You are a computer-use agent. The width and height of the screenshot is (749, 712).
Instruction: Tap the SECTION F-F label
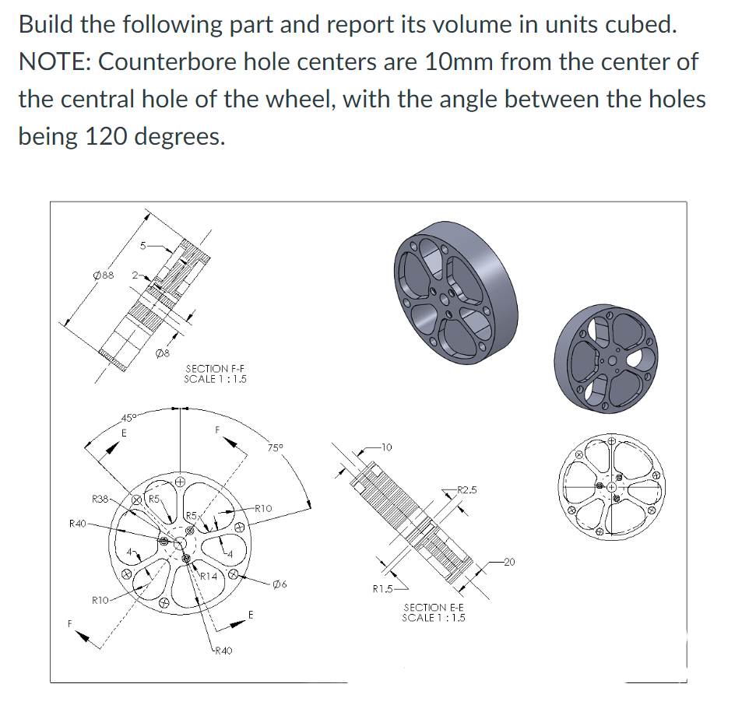coord(216,374)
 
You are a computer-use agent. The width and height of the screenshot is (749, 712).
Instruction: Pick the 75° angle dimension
coord(276,447)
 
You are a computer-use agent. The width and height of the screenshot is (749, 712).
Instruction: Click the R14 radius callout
coord(209,577)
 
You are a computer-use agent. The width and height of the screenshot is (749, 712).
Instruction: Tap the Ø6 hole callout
coord(281,584)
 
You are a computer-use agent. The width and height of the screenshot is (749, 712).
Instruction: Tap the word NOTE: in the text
coord(52,61)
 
